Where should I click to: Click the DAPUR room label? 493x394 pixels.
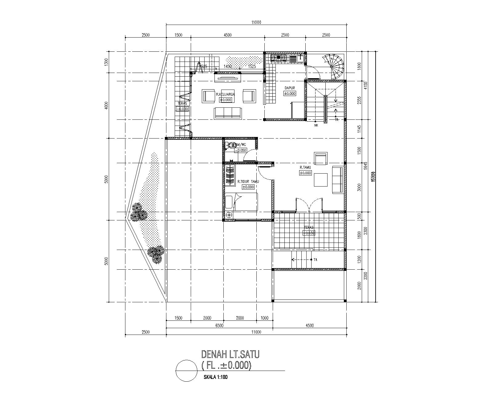(x=289, y=88)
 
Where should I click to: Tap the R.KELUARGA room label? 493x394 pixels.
(x=225, y=94)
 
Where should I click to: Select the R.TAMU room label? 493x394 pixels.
(x=305, y=167)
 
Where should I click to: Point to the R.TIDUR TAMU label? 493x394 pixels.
(x=248, y=182)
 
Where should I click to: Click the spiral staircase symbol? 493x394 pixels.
(x=335, y=66)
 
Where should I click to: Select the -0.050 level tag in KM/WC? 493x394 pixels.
(x=241, y=151)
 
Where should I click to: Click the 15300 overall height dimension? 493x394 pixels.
(x=373, y=177)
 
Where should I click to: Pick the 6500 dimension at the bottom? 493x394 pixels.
(x=219, y=325)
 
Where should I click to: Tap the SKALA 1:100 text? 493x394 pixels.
(x=215, y=377)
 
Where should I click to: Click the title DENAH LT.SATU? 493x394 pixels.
(x=230, y=354)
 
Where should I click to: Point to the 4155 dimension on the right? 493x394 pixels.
(x=366, y=85)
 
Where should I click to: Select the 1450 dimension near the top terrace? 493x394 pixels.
(x=228, y=66)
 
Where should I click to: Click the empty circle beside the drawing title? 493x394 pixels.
(x=186, y=371)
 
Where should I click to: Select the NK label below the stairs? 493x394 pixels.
(x=316, y=125)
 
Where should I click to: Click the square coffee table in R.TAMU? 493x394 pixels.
(x=321, y=180)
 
